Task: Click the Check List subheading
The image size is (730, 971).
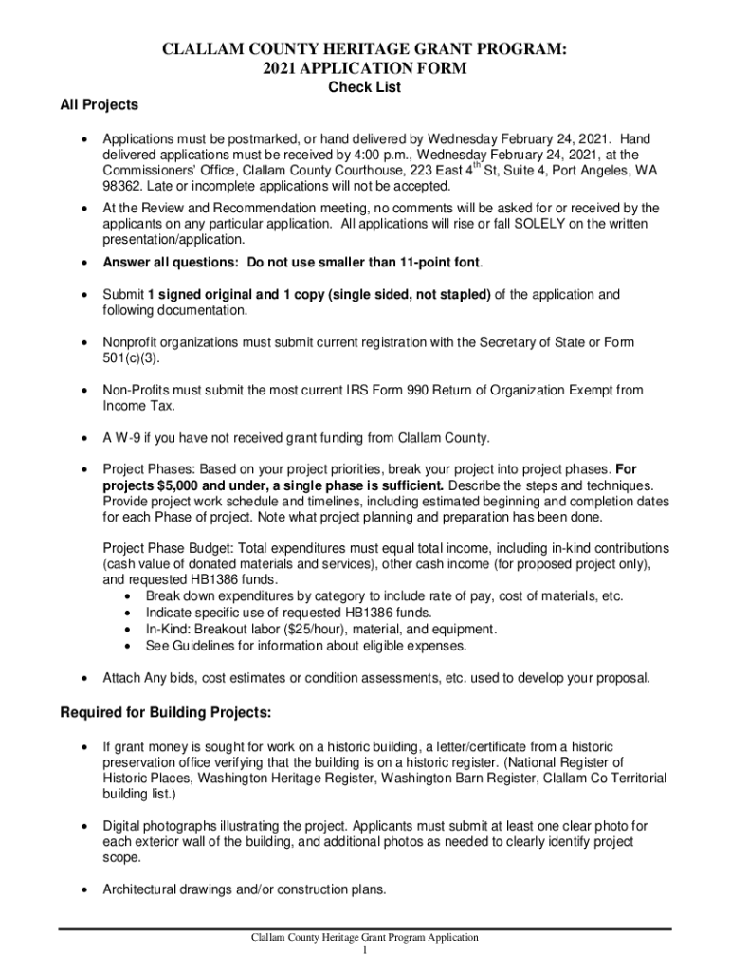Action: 364,87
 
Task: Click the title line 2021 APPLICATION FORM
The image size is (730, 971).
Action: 364,69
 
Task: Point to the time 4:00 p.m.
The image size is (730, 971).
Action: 383,155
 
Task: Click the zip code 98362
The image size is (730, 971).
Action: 123,185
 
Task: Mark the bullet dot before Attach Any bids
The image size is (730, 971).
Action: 86,678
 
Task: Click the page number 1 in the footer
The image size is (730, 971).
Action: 364,950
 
